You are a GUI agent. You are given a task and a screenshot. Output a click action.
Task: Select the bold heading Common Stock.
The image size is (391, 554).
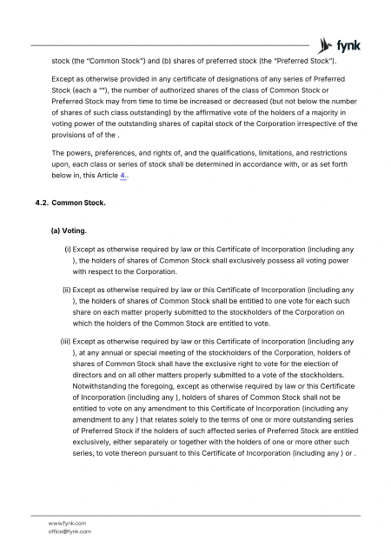(79, 204)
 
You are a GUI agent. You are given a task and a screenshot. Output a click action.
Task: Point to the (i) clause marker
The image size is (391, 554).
(68, 250)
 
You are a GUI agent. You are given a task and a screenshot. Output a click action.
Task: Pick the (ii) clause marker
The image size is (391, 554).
(66, 289)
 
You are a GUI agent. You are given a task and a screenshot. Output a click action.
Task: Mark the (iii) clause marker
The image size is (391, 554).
(65, 341)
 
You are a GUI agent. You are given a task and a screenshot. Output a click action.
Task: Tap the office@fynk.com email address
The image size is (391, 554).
(70, 531)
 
